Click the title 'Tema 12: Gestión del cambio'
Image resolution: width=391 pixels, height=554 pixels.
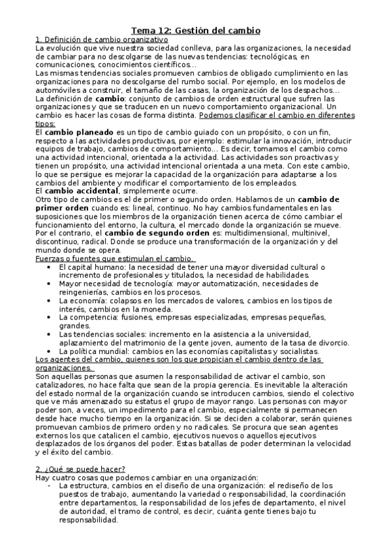click(x=196, y=30)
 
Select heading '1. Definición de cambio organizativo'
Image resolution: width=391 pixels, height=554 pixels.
click(x=101, y=39)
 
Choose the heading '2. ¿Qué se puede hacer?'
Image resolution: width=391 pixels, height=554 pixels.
click(x=80, y=468)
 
